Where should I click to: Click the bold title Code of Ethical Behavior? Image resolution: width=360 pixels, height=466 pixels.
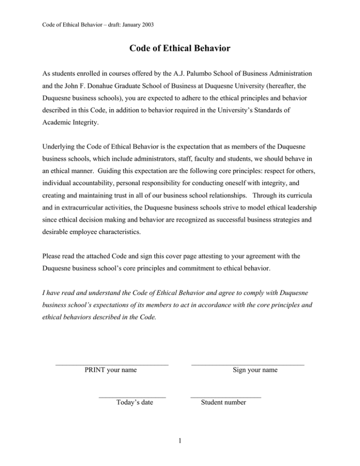pos(180,48)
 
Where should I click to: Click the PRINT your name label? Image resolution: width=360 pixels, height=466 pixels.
pos(111,370)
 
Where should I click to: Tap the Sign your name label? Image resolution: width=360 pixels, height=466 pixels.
pos(255,370)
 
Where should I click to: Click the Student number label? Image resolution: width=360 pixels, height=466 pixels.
pos(223,402)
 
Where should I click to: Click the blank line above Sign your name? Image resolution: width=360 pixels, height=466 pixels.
pos(247,364)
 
